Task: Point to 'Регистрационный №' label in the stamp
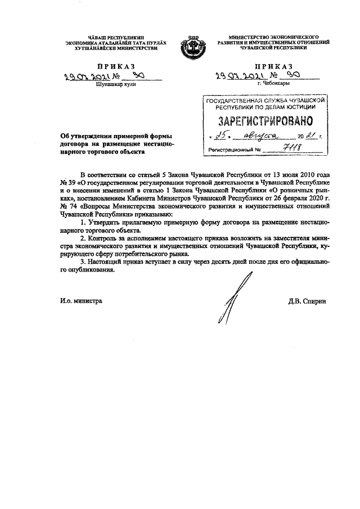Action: click(235, 151)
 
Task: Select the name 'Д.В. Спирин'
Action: click(307, 301)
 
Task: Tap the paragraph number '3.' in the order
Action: click(83, 262)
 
